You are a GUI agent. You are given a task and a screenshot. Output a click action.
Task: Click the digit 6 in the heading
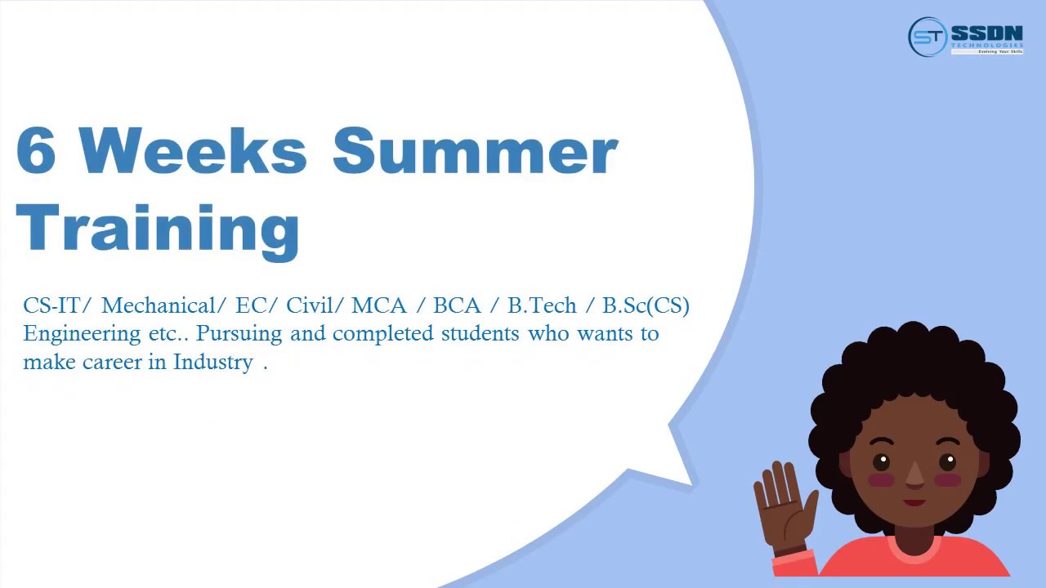[36, 151]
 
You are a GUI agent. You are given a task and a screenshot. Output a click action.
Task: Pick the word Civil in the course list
[309, 305]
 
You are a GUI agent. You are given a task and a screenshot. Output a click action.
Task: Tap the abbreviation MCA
[378, 305]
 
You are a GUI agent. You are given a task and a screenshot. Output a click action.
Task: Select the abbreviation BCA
[457, 305]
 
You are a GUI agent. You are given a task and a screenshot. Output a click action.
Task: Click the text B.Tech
[542, 305]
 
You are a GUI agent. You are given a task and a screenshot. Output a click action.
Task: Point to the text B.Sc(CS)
[646, 305]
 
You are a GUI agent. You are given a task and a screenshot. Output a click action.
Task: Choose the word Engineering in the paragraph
[71, 334]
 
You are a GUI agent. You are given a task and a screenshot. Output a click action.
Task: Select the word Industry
[213, 363]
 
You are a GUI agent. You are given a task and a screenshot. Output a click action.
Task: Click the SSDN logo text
[986, 33]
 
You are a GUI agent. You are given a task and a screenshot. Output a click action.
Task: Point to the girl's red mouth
[914, 501]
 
